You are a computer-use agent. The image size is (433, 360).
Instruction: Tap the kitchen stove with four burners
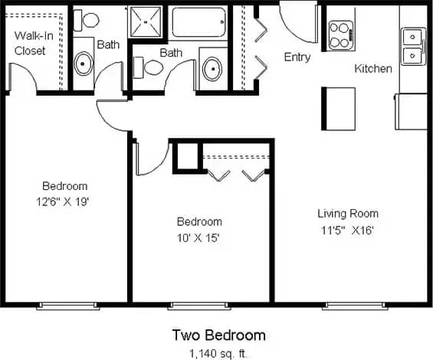[x=340, y=34]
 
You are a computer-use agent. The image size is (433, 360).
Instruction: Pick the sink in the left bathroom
[x=82, y=62]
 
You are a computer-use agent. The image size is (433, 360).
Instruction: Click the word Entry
[x=297, y=57]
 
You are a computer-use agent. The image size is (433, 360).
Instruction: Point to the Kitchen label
[x=373, y=69]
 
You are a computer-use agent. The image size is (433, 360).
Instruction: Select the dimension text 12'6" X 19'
[x=64, y=201]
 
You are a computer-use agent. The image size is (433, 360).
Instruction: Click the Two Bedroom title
[x=218, y=335]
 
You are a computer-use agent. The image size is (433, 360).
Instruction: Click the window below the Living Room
[x=353, y=306]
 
